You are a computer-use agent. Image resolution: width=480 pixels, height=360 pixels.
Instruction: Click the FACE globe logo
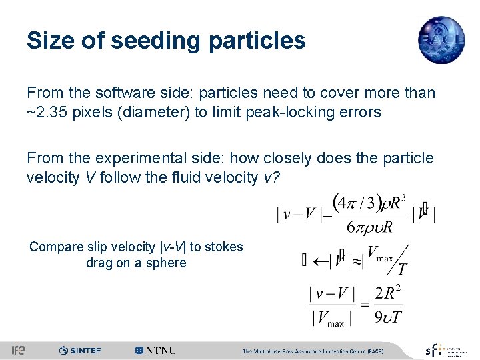[x=441, y=41]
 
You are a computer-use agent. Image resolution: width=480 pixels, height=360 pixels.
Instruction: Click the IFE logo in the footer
[x=18, y=350]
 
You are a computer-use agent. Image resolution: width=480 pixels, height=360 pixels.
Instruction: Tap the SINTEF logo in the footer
[x=80, y=350]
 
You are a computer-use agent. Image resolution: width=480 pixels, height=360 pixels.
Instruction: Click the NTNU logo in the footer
[x=155, y=350]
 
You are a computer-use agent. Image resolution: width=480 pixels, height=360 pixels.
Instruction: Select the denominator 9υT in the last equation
[x=388, y=316]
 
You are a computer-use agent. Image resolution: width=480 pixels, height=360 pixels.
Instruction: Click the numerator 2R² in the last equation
[x=389, y=293]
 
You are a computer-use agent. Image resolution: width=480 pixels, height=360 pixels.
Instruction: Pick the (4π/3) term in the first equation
[x=357, y=201]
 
